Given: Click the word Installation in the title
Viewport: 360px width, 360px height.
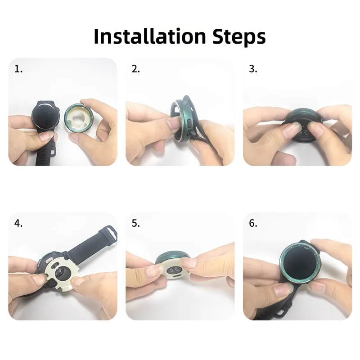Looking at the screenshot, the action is pyautogui.click(x=150, y=36).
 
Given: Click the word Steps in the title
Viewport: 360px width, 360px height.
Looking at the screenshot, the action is pyautogui.click(x=239, y=37).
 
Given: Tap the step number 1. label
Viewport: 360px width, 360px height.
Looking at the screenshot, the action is pyautogui.click(x=18, y=69).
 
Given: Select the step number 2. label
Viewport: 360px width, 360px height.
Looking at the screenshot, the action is pyautogui.click(x=136, y=69).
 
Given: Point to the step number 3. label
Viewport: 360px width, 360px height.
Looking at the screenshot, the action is pyautogui.click(x=253, y=69).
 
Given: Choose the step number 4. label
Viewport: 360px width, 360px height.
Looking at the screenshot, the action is pyautogui.click(x=18, y=223).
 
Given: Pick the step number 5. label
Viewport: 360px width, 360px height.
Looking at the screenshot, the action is pyautogui.click(x=136, y=223).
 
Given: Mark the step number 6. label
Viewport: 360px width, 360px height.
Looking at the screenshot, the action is pyautogui.click(x=253, y=223).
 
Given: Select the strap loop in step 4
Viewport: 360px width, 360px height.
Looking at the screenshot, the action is pyautogui.click(x=110, y=231).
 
